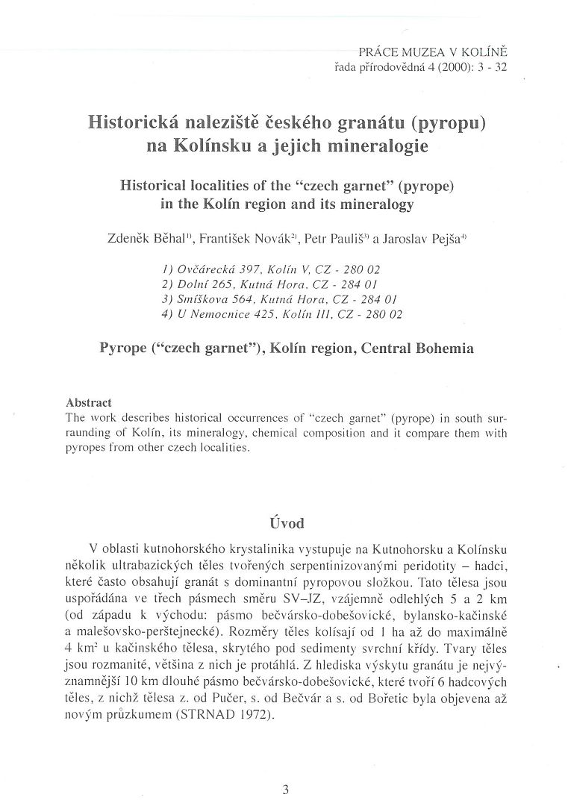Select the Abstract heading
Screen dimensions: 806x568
[89, 402]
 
